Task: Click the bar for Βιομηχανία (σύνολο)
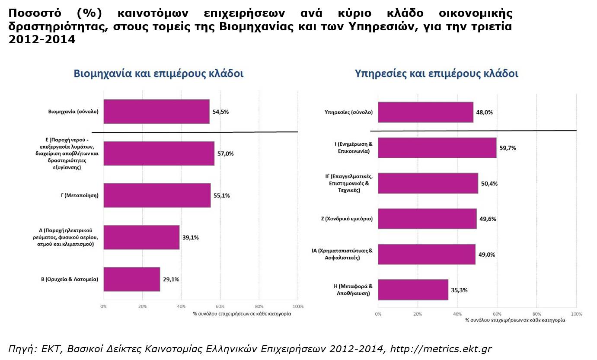click(156, 112)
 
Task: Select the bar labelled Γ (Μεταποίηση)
click(157, 195)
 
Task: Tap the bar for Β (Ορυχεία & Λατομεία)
click(132, 279)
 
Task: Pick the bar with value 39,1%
click(141, 237)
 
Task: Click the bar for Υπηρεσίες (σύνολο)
click(425, 112)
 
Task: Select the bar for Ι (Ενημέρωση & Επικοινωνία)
click(437, 148)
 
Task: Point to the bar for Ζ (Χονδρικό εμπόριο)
click(427, 219)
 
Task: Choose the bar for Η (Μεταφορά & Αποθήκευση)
click(413, 290)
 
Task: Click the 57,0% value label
click(225, 153)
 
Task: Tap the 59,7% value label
click(508, 148)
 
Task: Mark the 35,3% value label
click(459, 290)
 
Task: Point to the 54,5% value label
click(220, 112)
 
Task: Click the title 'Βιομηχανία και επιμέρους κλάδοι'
click(159, 73)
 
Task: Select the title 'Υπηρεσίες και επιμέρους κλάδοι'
click(436, 73)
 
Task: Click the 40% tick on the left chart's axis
click(181, 306)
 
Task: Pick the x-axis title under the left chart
click(242, 314)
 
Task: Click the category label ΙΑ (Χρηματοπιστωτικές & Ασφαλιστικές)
click(342, 254)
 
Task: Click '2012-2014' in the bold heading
click(42, 39)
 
